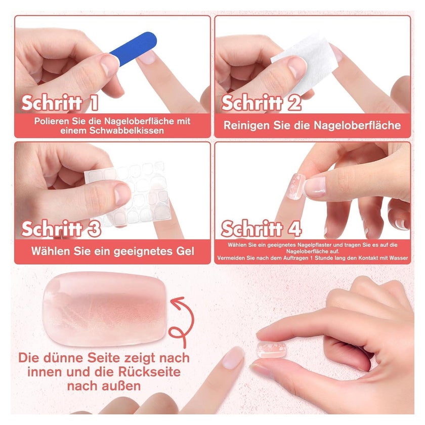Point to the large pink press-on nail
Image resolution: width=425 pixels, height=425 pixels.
104,309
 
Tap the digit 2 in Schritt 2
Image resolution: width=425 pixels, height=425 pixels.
294,103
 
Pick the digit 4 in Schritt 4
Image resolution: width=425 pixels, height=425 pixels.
294,229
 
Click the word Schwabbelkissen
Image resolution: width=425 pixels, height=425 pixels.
127,131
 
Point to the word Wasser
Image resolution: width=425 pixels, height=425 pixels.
399,258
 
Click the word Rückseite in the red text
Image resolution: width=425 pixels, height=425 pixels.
149,372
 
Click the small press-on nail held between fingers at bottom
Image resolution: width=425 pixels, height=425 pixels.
271,350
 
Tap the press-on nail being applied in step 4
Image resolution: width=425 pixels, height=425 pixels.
295,187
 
